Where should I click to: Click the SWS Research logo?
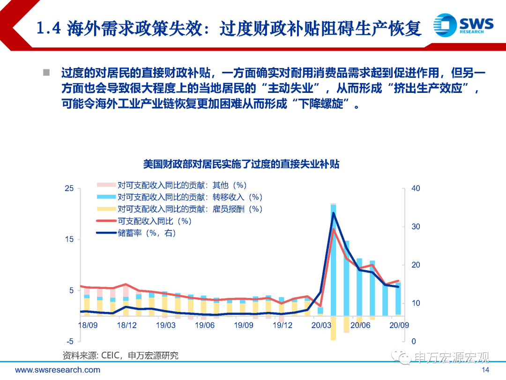(463, 24)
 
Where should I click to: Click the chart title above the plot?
(241, 164)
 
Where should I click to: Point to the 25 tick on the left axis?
(69, 189)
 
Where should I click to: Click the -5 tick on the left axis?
(69, 341)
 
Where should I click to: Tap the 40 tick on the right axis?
(415, 189)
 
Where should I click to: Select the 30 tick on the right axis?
(415, 227)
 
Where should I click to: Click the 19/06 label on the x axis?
(204, 325)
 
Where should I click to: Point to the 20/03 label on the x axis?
(321, 325)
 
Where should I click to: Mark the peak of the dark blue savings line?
(334, 213)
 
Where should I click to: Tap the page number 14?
(485, 370)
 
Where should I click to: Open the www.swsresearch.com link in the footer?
(58, 370)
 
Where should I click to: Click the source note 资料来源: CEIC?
(120, 356)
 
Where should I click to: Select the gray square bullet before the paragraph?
(46, 73)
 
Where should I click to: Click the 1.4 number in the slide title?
(49, 28)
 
